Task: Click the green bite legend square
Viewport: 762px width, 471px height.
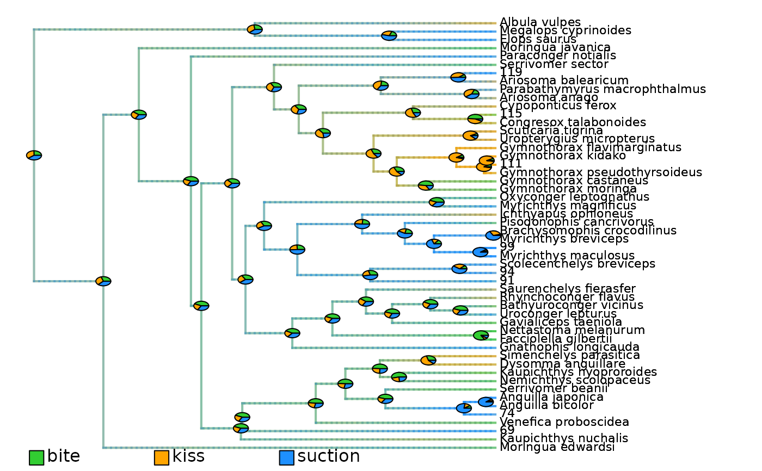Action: click(36, 458)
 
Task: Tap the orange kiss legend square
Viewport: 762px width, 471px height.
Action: click(162, 458)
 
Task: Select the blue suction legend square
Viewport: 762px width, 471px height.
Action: click(287, 458)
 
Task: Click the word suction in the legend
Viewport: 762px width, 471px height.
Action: click(329, 457)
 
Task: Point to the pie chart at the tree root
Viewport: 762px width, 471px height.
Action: click(34, 155)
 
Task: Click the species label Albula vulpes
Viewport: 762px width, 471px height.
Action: click(533, 22)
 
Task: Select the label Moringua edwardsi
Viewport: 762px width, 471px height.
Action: click(557, 447)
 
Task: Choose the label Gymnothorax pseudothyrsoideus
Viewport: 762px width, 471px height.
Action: click(601, 172)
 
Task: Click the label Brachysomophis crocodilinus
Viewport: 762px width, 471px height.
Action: click(588, 231)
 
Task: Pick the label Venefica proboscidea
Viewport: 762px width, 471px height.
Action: click(564, 422)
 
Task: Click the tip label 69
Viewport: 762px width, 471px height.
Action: click(507, 430)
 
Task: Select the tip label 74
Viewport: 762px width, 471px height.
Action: click(507, 413)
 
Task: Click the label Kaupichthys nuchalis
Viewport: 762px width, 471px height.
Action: click(564, 438)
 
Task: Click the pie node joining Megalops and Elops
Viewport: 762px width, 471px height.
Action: click(389, 36)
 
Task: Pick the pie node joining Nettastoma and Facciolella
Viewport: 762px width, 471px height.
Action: click(481, 336)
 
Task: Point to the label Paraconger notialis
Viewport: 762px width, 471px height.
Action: click(558, 56)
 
